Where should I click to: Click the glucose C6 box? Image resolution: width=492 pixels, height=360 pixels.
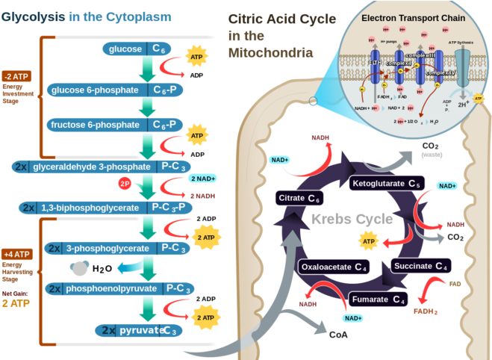[x=139, y=49]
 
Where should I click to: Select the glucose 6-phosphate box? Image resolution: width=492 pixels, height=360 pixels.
[x=115, y=90]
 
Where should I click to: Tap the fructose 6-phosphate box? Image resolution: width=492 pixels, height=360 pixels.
[x=115, y=124]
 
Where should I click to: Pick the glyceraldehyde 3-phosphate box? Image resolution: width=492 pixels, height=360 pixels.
[x=101, y=166]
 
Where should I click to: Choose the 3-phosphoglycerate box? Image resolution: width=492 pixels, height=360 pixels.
[x=116, y=248]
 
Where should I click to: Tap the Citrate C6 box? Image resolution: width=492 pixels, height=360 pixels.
[x=300, y=198]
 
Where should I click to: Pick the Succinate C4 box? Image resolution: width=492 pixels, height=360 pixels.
[x=421, y=266]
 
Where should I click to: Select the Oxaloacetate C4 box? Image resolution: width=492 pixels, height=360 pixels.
[x=334, y=267]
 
